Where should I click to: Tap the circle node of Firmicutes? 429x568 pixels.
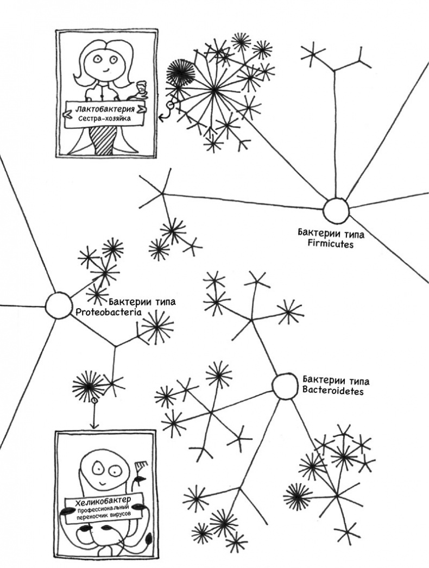(x=335, y=210)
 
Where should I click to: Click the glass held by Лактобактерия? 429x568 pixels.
(x=142, y=86)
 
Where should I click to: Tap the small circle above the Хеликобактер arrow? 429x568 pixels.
(x=94, y=401)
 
